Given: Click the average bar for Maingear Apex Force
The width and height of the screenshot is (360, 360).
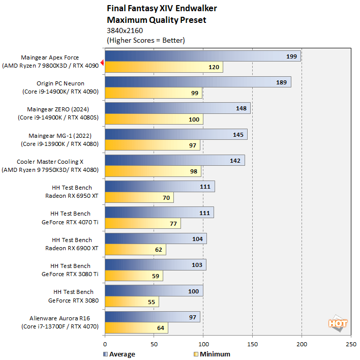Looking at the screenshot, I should (202, 56).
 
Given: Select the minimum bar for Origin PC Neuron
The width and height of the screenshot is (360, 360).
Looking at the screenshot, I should (153, 93).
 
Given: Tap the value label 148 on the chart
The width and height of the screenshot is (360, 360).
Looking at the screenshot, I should (241, 108).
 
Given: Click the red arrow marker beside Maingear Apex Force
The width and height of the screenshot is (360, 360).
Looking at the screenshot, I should (102, 63).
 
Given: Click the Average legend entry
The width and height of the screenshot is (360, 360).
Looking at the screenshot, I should (119, 354).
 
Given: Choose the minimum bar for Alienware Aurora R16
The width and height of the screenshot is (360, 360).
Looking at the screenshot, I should (136, 328).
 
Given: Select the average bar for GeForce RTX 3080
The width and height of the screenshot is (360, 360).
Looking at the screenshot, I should (154, 291).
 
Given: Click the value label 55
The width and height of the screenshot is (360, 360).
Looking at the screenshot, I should (152, 302).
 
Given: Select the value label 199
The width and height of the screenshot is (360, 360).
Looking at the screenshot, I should (291, 56).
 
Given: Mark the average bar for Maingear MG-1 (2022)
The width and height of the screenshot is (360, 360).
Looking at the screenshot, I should (175, 134).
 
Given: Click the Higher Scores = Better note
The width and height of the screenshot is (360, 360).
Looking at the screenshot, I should (145, 40).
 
